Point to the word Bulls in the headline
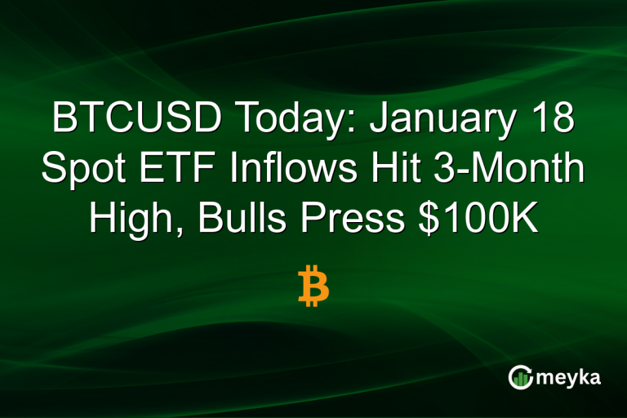(x=244, y=218)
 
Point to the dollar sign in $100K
(x=433, y=218)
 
